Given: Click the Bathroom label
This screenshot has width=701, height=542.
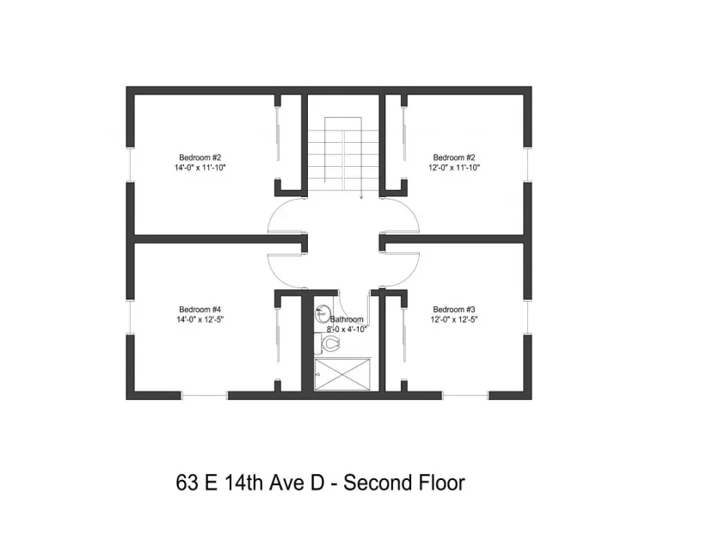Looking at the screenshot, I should [x=347, y=319].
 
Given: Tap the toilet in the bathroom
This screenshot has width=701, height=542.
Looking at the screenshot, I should [x=329, y=343].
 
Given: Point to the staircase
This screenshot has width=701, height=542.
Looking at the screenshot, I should [x=343, y=155].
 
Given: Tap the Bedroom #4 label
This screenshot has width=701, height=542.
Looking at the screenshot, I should [x=200, y=310].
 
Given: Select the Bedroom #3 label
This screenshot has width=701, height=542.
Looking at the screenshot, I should [x=454, y=310].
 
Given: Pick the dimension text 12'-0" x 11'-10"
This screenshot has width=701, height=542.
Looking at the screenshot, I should [x=454, y=168].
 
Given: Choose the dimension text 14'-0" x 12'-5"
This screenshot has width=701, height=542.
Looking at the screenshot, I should [x=201, y=319].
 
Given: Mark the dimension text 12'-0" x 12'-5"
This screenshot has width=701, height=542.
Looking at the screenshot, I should [x=454, y=319].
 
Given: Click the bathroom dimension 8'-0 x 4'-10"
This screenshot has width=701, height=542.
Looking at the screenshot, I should [x=347, y=329].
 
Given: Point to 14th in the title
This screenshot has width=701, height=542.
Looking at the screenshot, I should [x=245, y=483].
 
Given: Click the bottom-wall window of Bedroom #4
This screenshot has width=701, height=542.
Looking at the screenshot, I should [x=204, y=396].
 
